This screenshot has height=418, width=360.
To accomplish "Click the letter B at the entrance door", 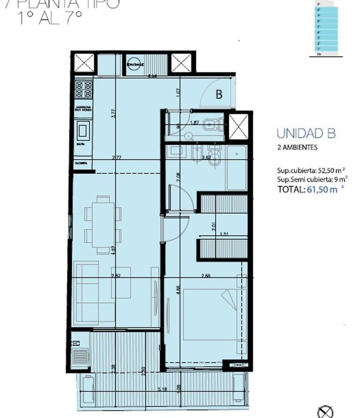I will (x=219, y=94).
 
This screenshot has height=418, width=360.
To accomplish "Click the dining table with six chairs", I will (x=103, y=224).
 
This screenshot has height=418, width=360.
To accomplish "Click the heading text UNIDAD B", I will (x=306, y=134).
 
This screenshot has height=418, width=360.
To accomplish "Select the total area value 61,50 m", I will (x=322, y=189).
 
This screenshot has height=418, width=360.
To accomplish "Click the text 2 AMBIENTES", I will (x=297, y=147).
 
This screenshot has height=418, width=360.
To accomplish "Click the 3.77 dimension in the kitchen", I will (x=112, y=113).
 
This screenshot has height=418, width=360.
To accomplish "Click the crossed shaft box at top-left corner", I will (x=84, y=63).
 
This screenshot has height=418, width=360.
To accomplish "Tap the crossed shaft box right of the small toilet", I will (x=238, y=127).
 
